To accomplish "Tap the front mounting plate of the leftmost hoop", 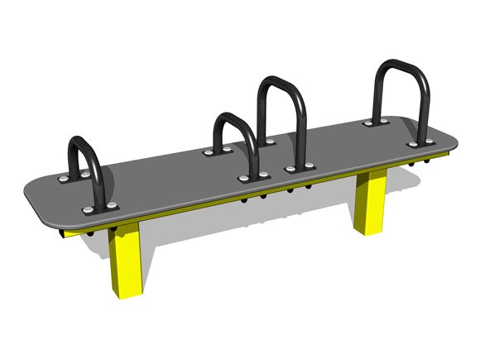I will coord(102,204).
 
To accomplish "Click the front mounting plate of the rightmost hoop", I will coord(420,143).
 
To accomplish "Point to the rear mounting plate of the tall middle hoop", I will coord(264,142).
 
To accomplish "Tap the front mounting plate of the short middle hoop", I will coord(254,177).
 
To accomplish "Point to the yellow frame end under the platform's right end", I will coord(449,155).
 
